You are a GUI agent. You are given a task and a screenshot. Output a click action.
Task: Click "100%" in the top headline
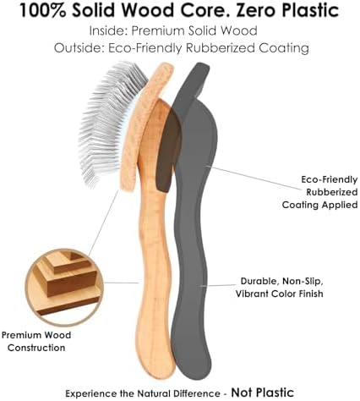[x=43, y=10]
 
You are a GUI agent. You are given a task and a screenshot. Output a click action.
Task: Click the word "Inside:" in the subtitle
[x=108, y=30]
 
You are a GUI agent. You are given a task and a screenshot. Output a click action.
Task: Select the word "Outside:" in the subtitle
[x=79, y=48]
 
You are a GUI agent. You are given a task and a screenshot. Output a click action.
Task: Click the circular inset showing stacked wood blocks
[x=64, y=287]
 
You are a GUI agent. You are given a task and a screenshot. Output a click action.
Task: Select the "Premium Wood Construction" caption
[x=36, y=341]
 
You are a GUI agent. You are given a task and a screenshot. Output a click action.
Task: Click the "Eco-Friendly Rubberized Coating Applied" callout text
[x=320, y=192]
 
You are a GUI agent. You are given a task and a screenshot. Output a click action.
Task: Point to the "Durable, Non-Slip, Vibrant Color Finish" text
[x=280, y=287]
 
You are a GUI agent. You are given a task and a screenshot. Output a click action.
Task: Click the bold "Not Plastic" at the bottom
[x=263, y=393]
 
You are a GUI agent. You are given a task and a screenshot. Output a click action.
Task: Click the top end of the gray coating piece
[x=200, y=68]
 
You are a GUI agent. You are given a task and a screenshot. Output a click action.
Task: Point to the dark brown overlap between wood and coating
[x=167, y=150]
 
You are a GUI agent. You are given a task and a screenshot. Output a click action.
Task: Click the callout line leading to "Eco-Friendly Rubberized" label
[x=254, y=179]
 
